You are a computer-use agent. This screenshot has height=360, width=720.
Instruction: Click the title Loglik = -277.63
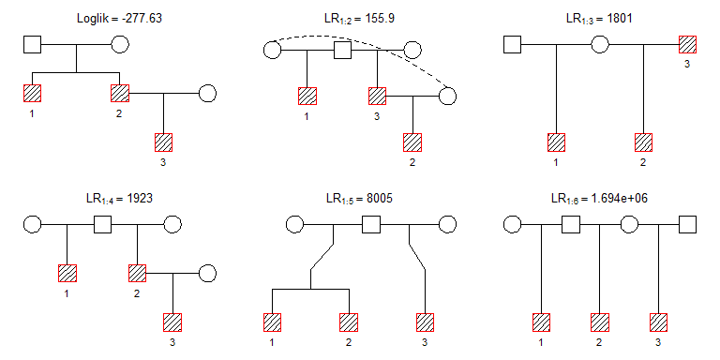pos(119,19)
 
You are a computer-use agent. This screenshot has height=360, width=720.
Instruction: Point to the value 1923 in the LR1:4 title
pos(139,199)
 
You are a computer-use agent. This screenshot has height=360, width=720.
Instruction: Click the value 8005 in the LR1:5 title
pos(379,199)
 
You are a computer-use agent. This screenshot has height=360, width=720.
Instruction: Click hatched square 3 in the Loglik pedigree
pos(163,142)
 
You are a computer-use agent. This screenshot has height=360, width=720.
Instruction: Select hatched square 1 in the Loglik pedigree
pos(32,93)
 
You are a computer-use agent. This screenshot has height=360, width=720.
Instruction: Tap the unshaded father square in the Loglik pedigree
pos(32,45)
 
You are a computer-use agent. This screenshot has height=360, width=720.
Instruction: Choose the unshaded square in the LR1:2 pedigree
pos(342,50)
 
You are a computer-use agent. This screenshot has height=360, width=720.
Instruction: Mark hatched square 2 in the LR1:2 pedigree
pos(412,142)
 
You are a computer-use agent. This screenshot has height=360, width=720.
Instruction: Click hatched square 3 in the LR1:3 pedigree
pos(687,45)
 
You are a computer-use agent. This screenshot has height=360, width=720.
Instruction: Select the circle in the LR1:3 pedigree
pos(600,45)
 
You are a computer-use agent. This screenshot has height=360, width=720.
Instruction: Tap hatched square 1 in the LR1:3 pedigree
pos(557,142)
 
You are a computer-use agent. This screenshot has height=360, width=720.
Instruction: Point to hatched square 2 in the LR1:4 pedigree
pos(137,273)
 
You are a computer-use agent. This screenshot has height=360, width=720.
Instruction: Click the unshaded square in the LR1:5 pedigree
pos(371,225)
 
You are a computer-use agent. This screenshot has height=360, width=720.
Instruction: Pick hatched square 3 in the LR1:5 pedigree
pos(426,322)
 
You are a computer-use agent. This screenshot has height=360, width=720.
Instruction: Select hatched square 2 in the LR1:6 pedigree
pos(600,322)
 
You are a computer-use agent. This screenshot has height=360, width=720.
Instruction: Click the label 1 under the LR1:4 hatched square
pos(67,293)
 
